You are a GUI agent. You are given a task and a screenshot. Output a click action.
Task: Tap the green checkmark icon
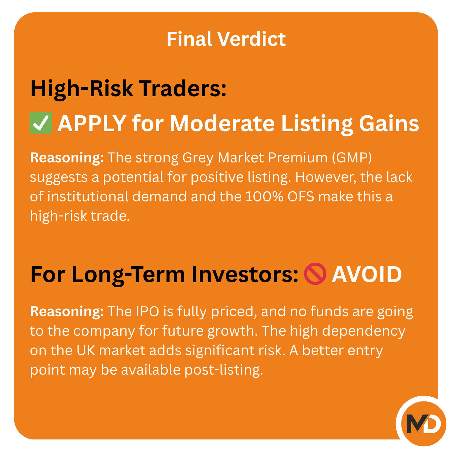coord(41,123)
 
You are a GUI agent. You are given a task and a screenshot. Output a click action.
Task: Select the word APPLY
coord(92,123)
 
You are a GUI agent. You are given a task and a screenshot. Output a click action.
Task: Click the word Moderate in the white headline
coord(222,123)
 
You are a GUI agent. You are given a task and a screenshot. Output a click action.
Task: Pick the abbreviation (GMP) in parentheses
coord(352,158)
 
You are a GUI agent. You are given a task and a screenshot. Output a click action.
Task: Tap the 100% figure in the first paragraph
coord(264,196)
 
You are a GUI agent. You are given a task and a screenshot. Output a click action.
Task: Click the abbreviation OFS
coord(301,196)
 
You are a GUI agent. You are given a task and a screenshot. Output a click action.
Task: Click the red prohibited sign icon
coord(315,273)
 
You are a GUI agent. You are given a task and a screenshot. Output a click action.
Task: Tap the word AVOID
coord(367,274)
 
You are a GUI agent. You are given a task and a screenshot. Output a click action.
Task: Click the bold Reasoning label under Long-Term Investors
coord(67,312)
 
